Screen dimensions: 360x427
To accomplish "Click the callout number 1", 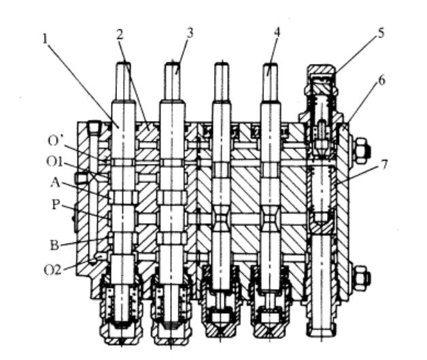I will (x=44, y=38).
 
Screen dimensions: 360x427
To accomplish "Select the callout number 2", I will (x=119, y=33).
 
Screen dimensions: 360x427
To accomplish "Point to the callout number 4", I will (x=277, y=31).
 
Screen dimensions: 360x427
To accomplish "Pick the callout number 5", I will (x=381, y=32).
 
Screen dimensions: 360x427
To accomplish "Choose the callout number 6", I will (x=381, y=80).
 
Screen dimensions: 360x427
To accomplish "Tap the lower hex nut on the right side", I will (x=362, y=277).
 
